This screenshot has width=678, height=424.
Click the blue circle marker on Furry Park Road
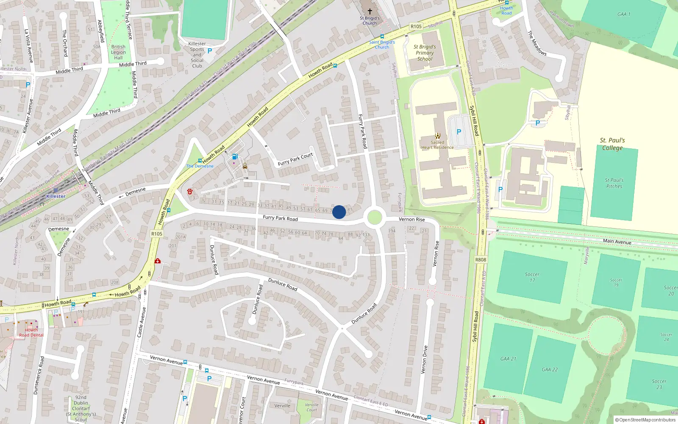[x=339, y=212]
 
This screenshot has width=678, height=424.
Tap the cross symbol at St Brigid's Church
[x=370, y=11]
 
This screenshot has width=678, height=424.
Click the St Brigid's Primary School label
[x=425, y=53]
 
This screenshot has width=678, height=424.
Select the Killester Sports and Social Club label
[x=197, y=55]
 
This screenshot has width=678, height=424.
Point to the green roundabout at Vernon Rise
[x=375, y=218]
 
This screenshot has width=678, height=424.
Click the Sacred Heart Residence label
[x=437, y=145]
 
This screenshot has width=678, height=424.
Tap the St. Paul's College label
[x=612, y=144]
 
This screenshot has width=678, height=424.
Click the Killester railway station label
[x=56, y=196]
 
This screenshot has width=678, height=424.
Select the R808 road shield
[x=481, y=260]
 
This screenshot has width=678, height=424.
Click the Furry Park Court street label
[x=295, y=159]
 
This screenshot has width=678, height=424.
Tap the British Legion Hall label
[x=118, y=52]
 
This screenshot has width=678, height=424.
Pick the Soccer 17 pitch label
[x=532, y=277]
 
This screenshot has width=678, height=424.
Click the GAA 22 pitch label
[x=550, y=369]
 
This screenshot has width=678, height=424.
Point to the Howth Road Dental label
[x=31, y=332]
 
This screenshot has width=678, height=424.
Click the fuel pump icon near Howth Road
[x=235, y=157]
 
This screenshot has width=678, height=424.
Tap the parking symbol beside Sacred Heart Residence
[x=458, y=132]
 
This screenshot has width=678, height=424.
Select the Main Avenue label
[x=617, y=241]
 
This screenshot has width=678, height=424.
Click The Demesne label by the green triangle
[x=200, y=166]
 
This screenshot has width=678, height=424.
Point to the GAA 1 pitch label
[x=624, y=14]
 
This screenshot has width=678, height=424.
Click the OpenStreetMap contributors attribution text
[x=645, y=420]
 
